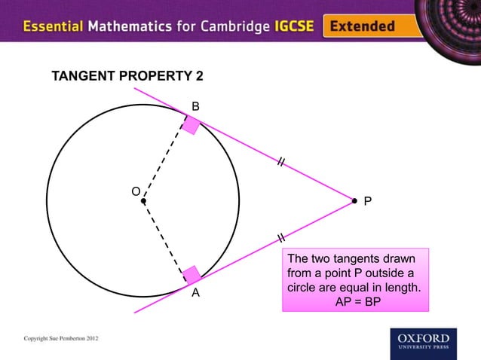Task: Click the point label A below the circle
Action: [195, 293]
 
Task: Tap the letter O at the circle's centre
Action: [136, 191]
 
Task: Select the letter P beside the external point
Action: [368, 202]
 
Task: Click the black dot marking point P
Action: [354, 200]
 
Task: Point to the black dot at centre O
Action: [143, 201]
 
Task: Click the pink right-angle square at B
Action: [191, 124]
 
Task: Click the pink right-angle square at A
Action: [191, 275]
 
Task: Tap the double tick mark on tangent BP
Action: [280, 162]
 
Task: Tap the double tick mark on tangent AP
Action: [280, 239]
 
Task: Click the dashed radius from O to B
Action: [164, 160]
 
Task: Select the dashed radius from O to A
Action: [164, 239]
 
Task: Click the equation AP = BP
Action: [358, 301]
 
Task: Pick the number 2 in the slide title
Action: [199, 78]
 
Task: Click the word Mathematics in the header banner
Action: [132, 26]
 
